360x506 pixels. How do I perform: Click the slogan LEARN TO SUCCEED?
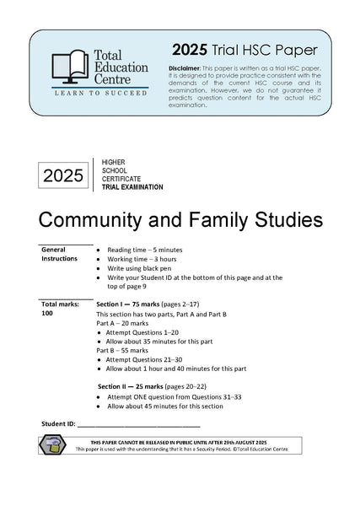(100, 97)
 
